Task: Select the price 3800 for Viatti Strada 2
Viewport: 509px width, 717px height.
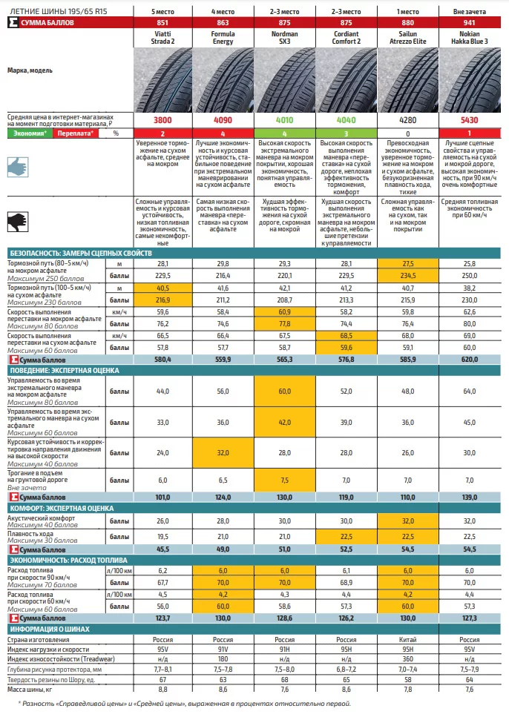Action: point(162,120)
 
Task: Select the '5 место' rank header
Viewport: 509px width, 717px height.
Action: point(162,13)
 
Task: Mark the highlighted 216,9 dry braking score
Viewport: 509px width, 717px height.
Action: point(162,300)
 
